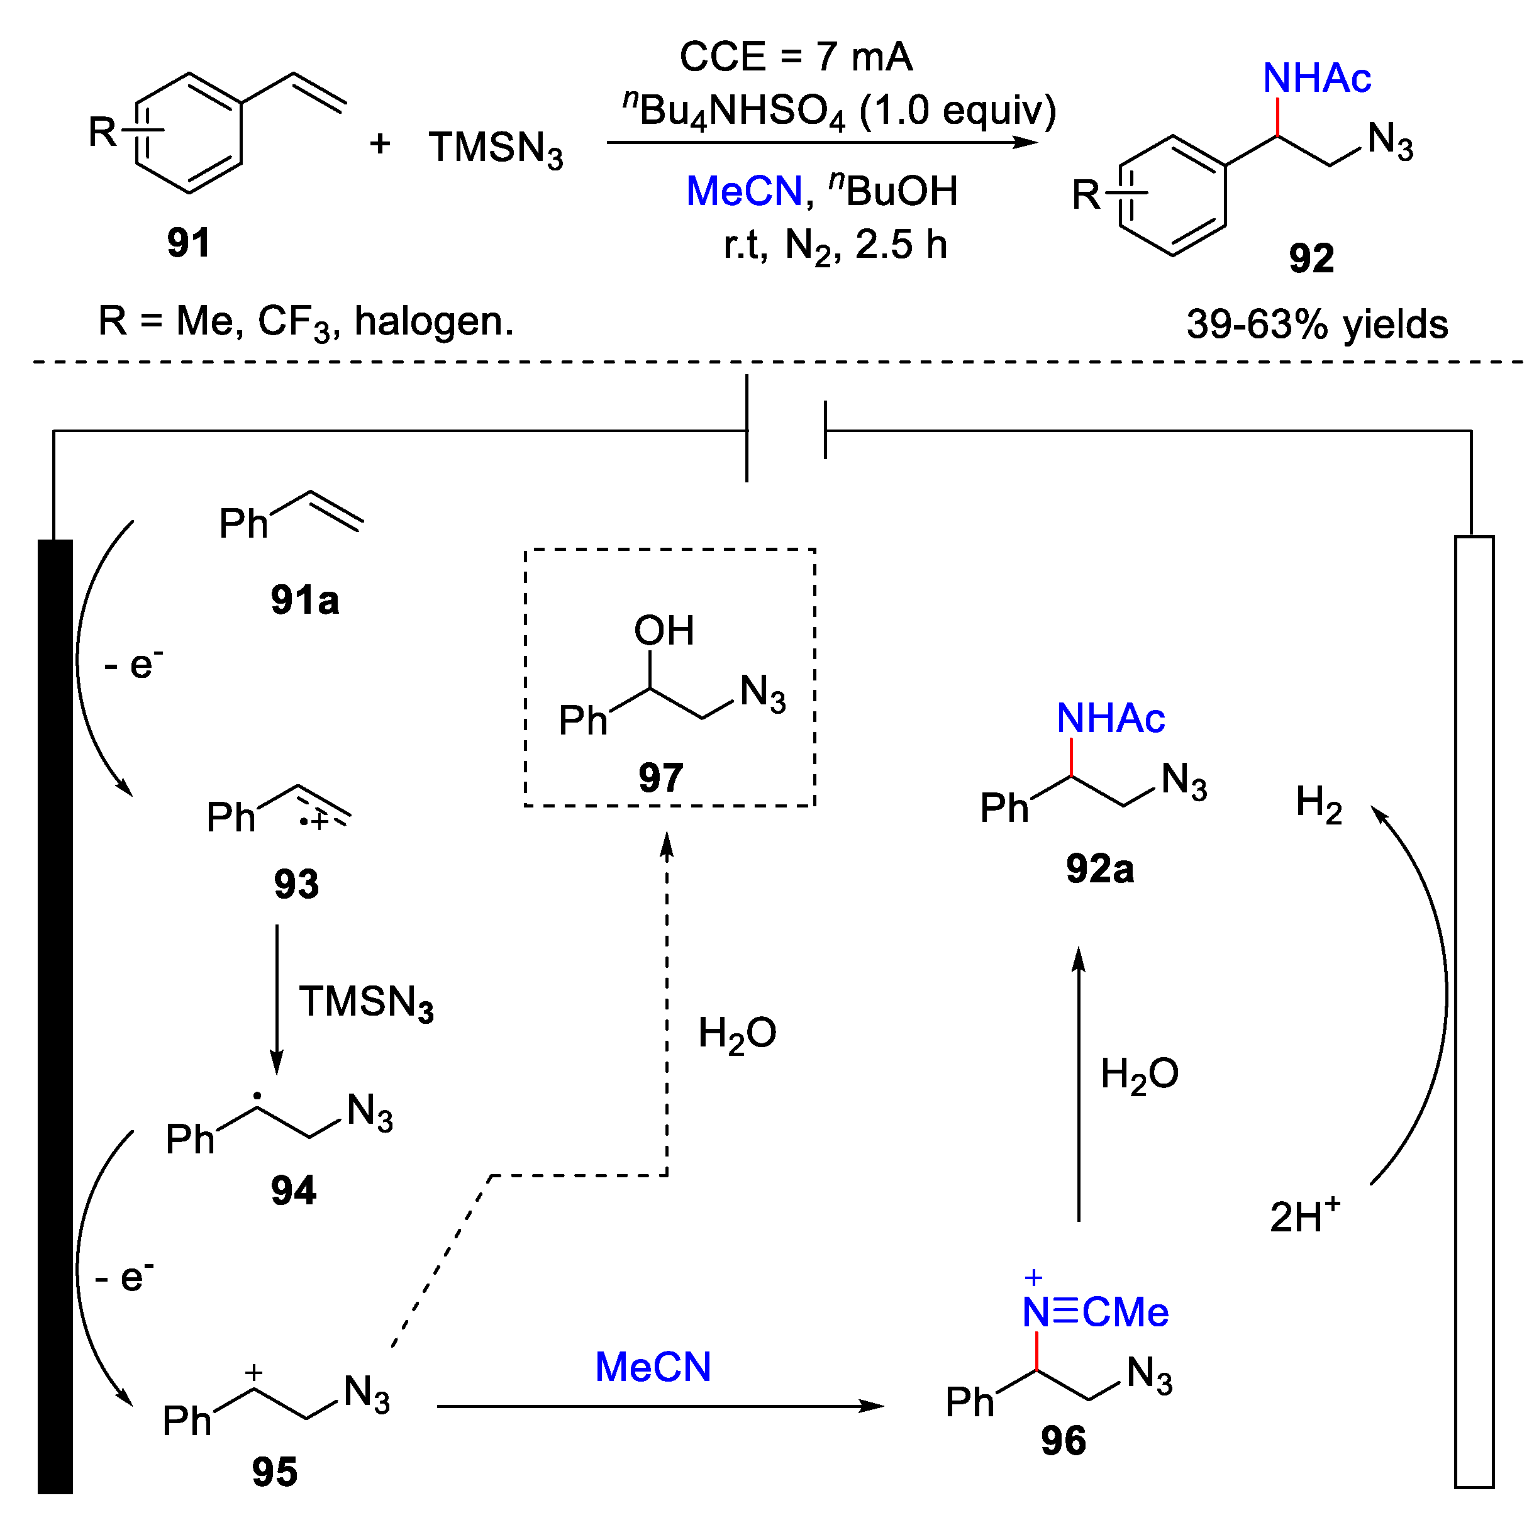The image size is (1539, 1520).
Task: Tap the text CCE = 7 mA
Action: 796,57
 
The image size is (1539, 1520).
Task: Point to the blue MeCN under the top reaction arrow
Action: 744,191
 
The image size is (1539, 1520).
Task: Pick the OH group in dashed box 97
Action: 664,631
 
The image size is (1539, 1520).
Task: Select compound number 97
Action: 660,777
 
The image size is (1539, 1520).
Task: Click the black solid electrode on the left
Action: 55,1012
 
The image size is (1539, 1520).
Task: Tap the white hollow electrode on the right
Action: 1474,1012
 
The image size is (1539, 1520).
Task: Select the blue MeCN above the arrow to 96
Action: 652,1367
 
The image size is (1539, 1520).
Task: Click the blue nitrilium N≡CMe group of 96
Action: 1096,1312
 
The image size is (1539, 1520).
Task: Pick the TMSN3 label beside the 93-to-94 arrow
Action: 365,1002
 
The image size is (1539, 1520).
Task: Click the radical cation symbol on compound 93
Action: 314,821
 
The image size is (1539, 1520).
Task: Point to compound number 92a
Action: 1099,868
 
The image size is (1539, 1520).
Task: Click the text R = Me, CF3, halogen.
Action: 306,322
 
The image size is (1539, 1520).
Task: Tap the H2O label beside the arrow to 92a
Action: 1139,1074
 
